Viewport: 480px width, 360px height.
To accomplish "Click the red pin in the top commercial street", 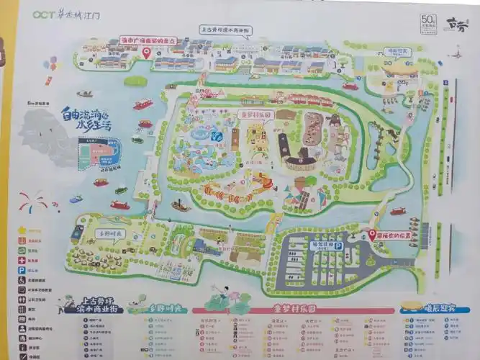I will pos(146,52).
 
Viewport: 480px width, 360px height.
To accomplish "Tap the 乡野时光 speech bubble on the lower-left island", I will pos(109,234).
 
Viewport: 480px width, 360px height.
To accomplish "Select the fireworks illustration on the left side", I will pos(32,201).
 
